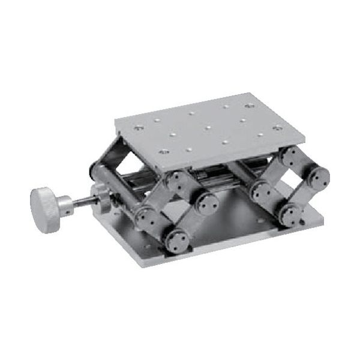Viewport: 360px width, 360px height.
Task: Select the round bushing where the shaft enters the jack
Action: coord(101,197)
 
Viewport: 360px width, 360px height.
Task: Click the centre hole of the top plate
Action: coord(207,127)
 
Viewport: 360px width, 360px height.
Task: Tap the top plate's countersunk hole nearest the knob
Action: coord(139,127)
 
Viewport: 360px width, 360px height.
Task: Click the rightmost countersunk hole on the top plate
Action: coord(277,127)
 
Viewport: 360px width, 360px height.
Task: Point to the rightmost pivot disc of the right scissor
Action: coord(316,178)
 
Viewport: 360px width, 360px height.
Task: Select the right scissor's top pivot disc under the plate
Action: coord(290,158)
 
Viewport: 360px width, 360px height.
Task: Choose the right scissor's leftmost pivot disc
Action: coord(262,191)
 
